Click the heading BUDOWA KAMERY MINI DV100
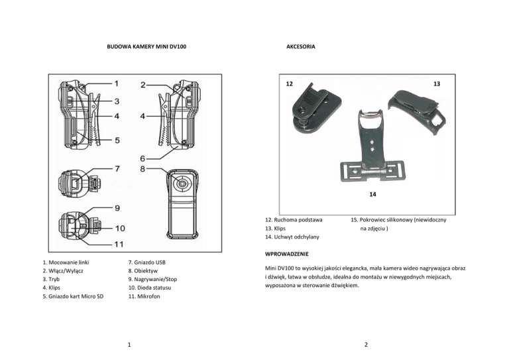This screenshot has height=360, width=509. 146,46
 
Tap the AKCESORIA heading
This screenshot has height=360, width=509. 301,46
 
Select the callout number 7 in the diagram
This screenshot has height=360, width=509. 117,169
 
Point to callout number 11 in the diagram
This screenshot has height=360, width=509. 119,244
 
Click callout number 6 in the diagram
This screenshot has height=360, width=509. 142,158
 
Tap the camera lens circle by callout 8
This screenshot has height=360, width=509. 182,184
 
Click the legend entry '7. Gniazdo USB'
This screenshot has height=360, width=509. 146,263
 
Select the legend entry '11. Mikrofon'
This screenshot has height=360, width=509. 144,296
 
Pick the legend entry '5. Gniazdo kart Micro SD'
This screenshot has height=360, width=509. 73,296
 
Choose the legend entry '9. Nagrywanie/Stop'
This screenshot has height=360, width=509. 152,279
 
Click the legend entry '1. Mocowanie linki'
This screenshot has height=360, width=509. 66,263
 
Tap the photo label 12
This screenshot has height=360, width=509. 289,84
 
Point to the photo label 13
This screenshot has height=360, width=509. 437,84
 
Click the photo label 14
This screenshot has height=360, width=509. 372,194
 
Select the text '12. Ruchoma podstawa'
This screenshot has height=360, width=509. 294,219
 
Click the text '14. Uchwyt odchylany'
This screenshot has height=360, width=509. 292,237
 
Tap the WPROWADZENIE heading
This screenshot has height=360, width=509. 286,254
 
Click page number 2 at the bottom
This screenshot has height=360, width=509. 366,344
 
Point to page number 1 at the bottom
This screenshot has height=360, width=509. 129,344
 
